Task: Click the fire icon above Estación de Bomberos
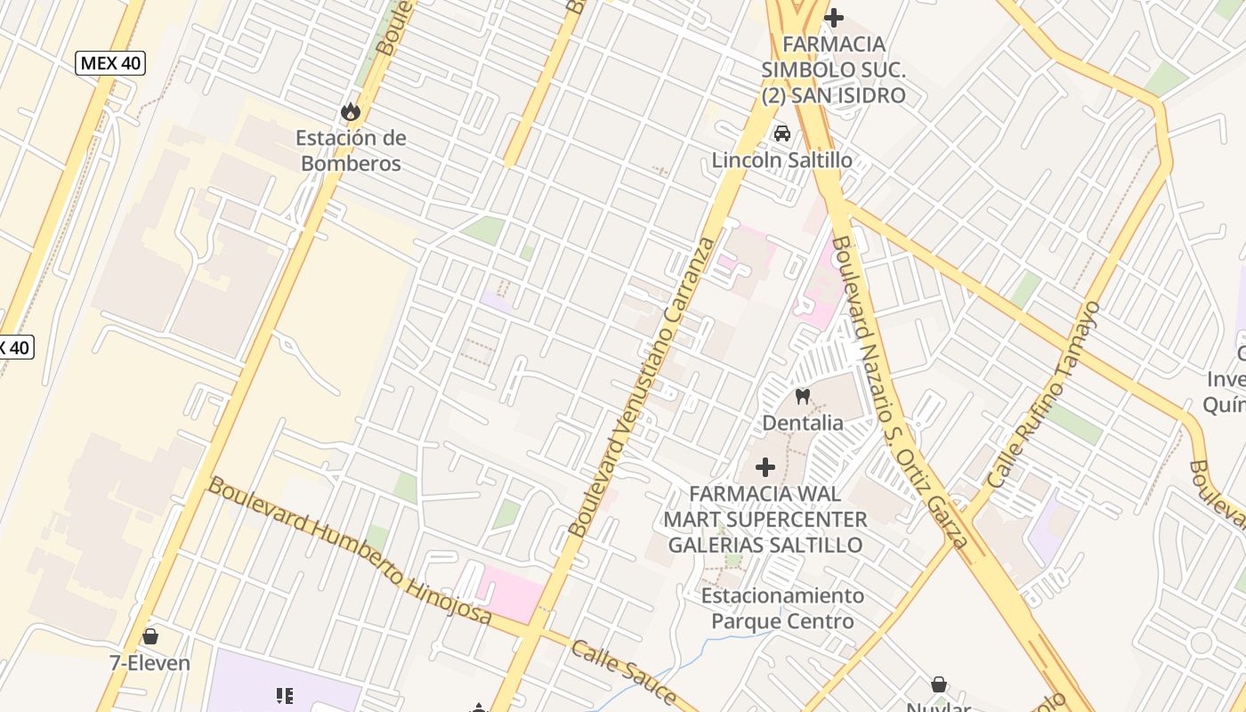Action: pos(350,111)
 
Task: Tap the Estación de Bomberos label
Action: pos(351,150)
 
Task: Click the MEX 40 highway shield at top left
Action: pos(110,63)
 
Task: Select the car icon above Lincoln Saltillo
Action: pos(782,133)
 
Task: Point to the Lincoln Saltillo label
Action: pos(781,161)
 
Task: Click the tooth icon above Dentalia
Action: pos(803,397)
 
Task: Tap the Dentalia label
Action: pos(803,423)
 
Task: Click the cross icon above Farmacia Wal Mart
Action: pos(765,466)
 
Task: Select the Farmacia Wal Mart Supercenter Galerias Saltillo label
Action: pos(765,519)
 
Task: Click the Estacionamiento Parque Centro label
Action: pos(782,608)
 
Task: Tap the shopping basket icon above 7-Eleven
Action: pos(150,636)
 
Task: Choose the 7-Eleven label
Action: pos(150,663)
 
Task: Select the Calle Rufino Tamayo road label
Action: pos(1045,394)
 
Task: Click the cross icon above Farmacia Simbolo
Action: pos(834,17)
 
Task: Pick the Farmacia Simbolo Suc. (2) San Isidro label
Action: pos(834,69)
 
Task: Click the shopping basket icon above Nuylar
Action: pos(939,684)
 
